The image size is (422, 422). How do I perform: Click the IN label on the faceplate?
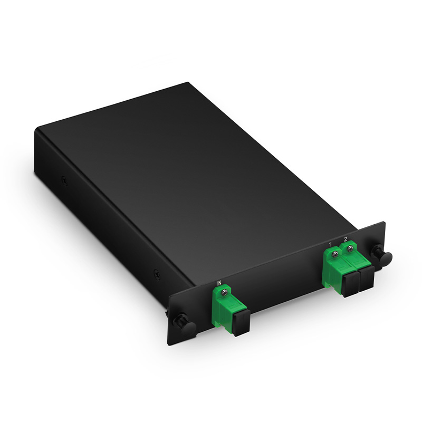tap(218, 283)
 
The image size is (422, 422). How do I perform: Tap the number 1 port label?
tap(330, 244)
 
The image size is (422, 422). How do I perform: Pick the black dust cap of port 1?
tap(350, 284)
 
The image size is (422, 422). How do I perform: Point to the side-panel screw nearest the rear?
tap(63, 181)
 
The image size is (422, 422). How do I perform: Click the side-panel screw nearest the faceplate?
tap(156, 274)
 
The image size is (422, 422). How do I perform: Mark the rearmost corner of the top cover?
tap(188, 83)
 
